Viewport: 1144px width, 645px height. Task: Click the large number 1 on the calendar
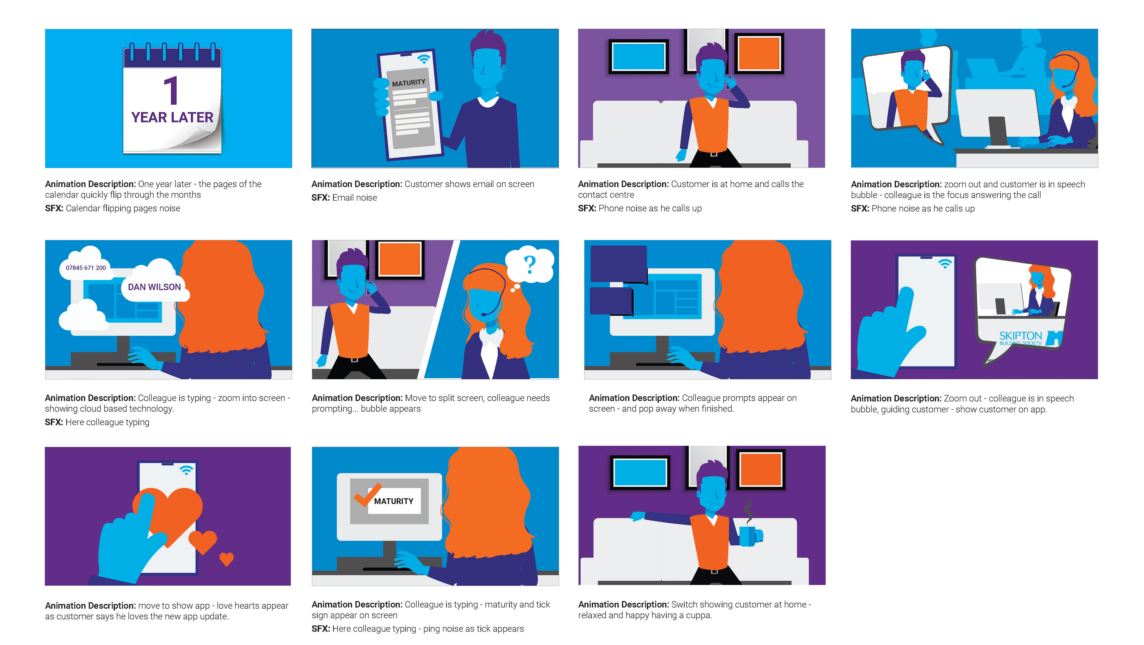tap(171, 90)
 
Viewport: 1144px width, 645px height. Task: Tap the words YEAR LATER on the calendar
tap(172, 117)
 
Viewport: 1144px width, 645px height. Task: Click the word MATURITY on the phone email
tap(408, 83)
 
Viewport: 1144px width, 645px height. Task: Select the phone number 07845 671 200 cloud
tap(86, 268)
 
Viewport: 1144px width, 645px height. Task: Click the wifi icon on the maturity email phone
tap(424, 59)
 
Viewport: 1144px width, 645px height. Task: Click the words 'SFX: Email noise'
tap(344, 198)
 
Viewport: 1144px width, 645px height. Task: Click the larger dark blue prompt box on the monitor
tap(618, 264)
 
